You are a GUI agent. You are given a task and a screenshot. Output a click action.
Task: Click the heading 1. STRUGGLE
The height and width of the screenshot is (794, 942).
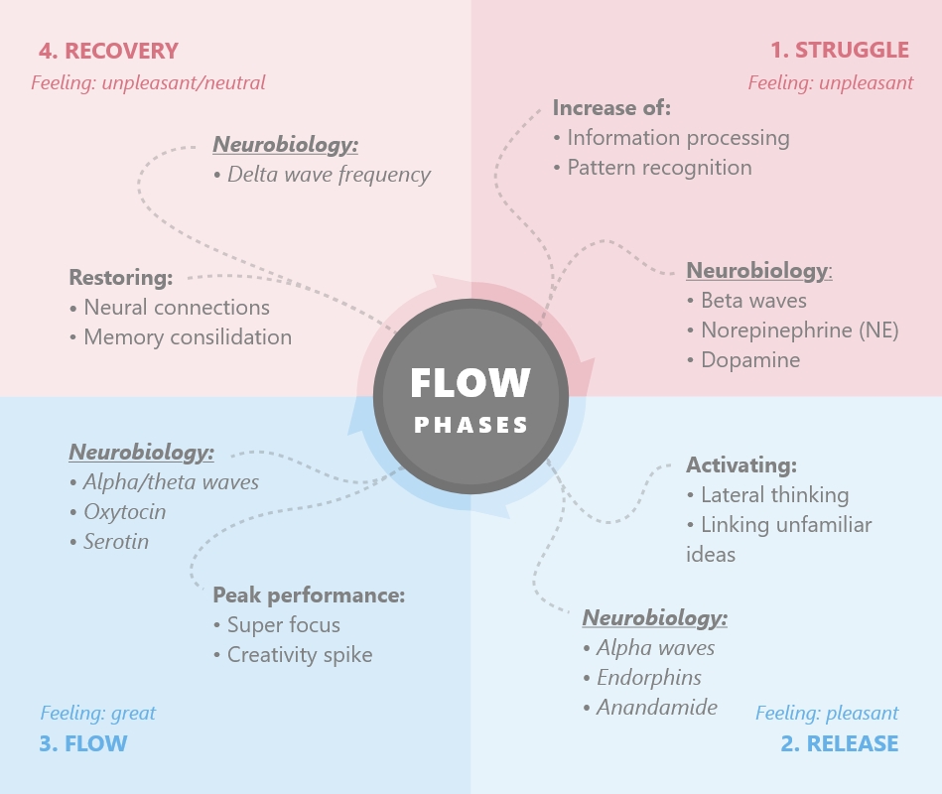[839, 50]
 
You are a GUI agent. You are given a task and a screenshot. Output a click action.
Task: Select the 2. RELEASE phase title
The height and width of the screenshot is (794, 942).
[839, 743]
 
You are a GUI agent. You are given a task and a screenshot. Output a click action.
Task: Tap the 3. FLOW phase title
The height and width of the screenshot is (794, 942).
[83, 743]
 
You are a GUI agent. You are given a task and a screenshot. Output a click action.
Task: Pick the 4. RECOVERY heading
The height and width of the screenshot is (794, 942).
[108, 51]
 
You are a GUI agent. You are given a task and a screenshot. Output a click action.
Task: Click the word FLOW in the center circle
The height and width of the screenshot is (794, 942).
[471, 383]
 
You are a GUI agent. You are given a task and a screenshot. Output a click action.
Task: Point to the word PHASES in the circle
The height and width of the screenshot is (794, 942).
[471, 425]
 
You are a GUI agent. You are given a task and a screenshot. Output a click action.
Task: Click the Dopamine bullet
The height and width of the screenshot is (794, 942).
[749, 360]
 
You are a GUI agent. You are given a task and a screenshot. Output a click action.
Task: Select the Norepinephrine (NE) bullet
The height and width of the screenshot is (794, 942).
[799, 331]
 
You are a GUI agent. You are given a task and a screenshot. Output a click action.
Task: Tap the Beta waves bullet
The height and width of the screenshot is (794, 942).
[753, 301]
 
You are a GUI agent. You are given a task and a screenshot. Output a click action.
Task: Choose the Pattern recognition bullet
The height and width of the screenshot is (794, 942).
[659, 168]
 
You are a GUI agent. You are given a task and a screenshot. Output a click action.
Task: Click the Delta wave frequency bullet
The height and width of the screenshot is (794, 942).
[329, 175]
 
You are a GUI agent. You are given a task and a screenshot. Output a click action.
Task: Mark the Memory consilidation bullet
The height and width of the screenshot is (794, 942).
[187, 337]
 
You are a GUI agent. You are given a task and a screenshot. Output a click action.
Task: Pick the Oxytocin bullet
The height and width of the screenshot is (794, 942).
[124, 512]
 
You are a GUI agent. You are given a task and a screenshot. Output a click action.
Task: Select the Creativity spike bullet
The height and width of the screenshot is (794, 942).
[299, 655]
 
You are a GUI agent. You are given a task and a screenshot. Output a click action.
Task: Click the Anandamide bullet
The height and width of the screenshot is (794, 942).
[656, 708]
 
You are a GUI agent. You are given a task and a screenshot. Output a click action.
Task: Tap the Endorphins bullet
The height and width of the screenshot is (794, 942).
[648, 678]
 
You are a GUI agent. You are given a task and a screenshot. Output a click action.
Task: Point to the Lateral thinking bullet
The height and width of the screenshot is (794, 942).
[774, 495]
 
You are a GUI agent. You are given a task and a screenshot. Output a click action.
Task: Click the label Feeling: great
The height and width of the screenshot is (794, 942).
[98, 713]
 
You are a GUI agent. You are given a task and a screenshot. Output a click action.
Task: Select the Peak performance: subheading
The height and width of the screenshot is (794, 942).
[309, 595]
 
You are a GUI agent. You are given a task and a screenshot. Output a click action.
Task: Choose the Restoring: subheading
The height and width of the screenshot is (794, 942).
[121, 277]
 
